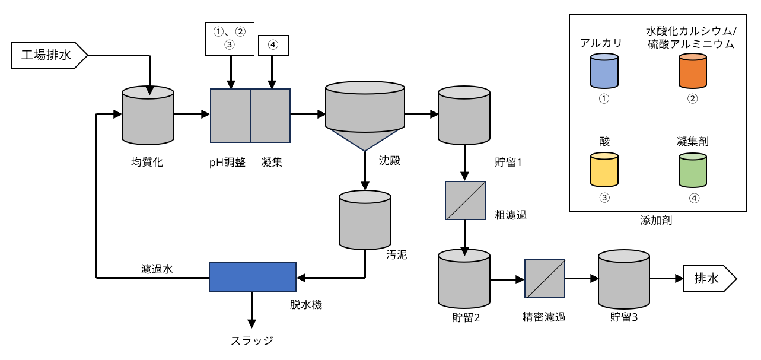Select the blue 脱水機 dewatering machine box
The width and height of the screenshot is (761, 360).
click(x=252, y=277)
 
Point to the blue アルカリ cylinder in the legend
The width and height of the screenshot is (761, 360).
click(x=604, y=72)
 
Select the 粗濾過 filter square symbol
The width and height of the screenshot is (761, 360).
click(x=465, y=200)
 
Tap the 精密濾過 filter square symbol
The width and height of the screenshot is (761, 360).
click(x=545, y=278)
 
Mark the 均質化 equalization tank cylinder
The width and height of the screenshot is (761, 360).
click(x=148, y=115)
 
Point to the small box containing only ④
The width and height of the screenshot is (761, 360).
click(x=273, y=45)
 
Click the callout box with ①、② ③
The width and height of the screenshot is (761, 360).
click(x=230, y=39)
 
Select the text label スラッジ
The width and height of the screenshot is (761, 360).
click(x=252, y=340)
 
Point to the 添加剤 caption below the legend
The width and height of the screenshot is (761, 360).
click(x=656, y=221)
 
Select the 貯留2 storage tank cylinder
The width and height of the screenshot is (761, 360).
click(x=464, y=279)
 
